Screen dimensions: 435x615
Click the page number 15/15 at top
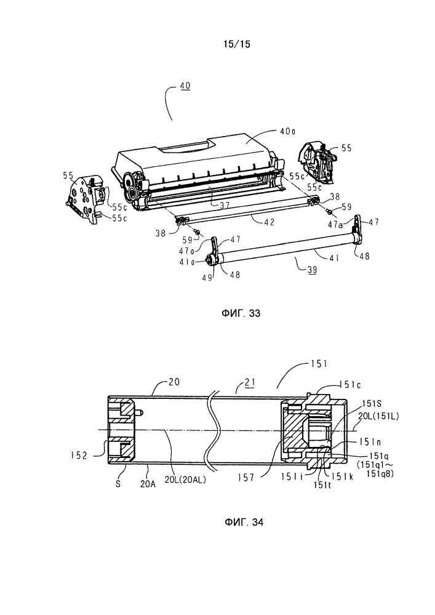[x=236, y=44]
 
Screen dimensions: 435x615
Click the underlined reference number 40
[x=185, y=86]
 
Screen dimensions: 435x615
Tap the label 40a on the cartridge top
[x=287, y=132]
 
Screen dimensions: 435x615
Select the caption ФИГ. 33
[x=241, y=313]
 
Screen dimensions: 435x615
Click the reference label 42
[x=269, y=222]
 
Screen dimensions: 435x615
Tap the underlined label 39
[x=311, y=269]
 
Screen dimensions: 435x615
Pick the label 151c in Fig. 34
[x=350, y=385]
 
